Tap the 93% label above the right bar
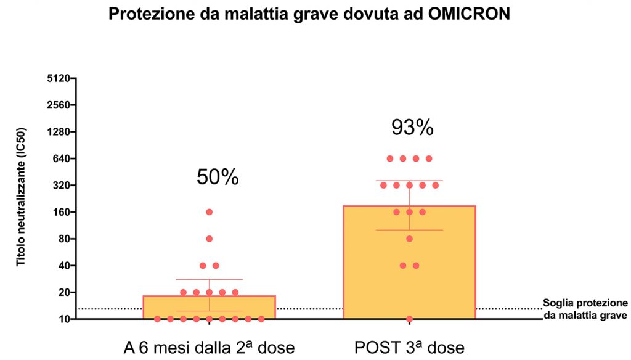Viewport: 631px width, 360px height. [412, 128]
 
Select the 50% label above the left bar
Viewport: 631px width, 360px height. [218, 178]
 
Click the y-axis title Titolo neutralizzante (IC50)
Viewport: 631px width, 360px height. [22, 210]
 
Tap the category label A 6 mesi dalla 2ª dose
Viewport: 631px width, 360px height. [209, 347]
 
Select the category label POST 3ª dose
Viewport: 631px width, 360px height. [409, 347]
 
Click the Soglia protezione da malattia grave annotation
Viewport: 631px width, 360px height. [585, 309]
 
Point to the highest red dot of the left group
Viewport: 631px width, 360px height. [209, 212]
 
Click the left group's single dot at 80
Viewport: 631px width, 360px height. [209, 239]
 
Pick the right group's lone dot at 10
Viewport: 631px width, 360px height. [409, 319]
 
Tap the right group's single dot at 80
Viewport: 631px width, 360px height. [409, 239]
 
